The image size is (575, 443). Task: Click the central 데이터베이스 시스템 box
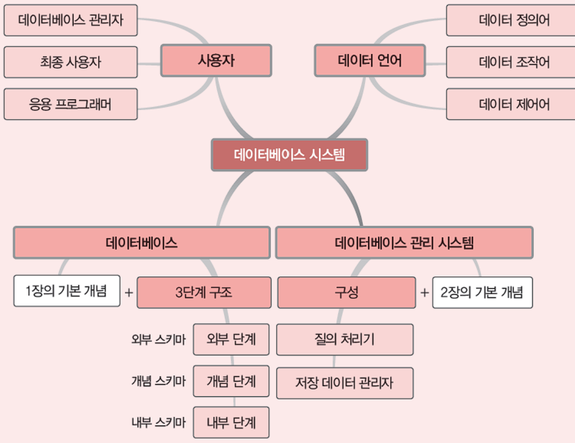click(290, 155)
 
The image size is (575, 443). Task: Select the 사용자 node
click(216, 61)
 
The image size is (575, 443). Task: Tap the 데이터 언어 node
click(370, 61)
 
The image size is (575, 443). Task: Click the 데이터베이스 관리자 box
click(70, 21)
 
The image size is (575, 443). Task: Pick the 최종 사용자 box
click(70, 63)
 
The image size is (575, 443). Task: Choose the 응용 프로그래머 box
click(70, 104)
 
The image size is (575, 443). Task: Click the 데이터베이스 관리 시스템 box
click(404, 243)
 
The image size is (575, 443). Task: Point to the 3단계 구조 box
click(204, 293)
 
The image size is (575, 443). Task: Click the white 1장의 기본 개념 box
click(67, 291)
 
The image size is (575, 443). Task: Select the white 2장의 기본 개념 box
click(482, 293)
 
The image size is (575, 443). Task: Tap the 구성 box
click(347, 293)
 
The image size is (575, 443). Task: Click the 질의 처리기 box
click(344, 339)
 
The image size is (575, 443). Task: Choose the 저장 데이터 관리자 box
click(344, 383)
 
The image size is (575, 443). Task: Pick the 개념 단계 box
click(231, 381)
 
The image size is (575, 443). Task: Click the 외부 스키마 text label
click(158, 339)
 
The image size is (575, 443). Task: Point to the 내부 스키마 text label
click(158, 423)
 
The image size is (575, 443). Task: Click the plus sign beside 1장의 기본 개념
click(128, 293)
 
